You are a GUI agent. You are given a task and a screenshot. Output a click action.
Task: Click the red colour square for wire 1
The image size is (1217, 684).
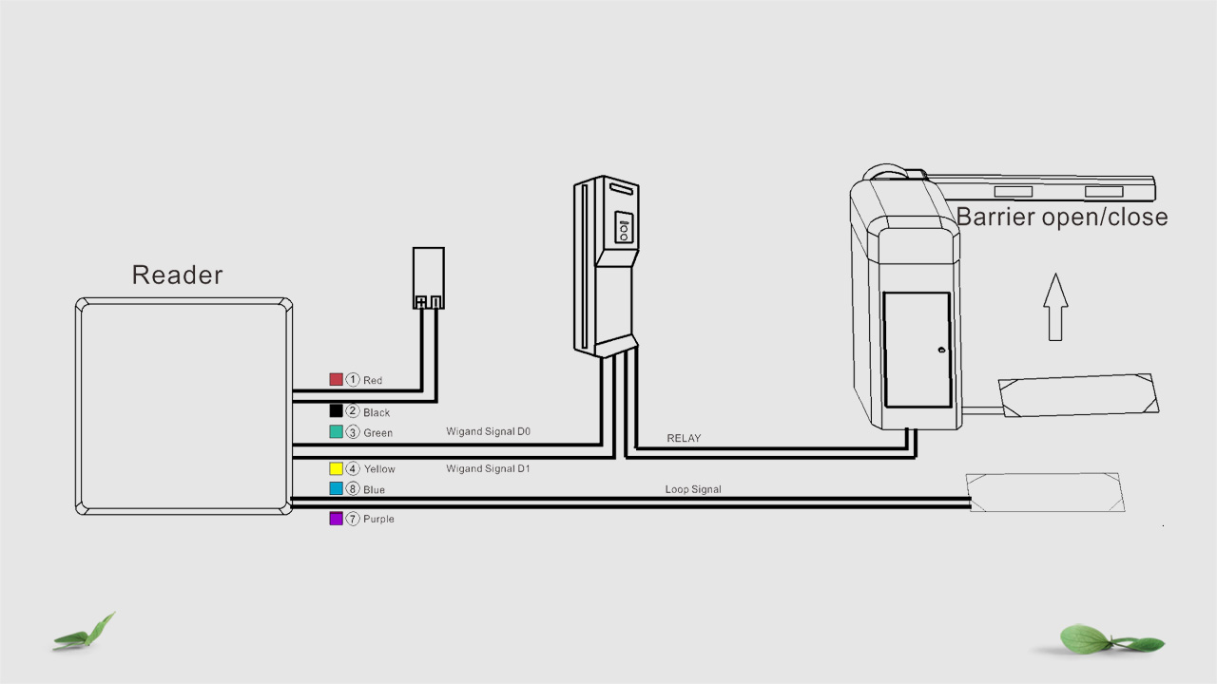coord(336,379)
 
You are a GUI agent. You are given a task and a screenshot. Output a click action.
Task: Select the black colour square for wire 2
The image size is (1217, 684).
coord(336,410)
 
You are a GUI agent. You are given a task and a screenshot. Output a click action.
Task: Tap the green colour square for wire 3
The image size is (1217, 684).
coord(336,431)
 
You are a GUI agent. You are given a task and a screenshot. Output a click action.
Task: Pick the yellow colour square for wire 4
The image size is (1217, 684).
coord(336,468)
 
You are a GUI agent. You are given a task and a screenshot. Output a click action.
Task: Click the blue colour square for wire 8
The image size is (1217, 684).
coord(336,488)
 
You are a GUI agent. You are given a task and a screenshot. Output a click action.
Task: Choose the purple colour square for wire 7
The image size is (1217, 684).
coord(336,518)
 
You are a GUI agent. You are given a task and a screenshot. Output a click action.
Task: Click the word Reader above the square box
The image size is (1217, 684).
coord(177,275)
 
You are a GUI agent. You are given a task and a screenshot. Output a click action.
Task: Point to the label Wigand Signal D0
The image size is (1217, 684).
coord(488,431)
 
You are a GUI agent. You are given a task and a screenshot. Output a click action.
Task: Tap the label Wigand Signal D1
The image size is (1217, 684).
coord(488,468)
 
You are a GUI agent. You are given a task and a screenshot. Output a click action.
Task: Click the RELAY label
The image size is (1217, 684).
coord(684,438)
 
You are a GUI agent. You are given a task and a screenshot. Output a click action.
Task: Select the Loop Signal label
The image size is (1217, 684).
coord(693,489)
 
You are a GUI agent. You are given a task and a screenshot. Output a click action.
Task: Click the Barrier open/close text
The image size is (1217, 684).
coord(1061,217)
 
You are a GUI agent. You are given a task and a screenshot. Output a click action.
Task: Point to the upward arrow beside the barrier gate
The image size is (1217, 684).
coord(1054,306)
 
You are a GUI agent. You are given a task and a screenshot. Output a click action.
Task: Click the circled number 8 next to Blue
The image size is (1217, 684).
coord(353,489)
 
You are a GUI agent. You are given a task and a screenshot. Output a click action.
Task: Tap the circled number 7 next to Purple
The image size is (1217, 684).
coord(353,519)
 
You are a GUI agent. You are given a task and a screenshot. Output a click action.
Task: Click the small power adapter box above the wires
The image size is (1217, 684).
coord(428,277)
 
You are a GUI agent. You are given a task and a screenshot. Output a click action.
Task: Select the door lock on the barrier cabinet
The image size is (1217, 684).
coord(940,351)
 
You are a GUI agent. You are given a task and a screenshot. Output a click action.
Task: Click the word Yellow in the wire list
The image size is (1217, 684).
coord(379,469)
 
